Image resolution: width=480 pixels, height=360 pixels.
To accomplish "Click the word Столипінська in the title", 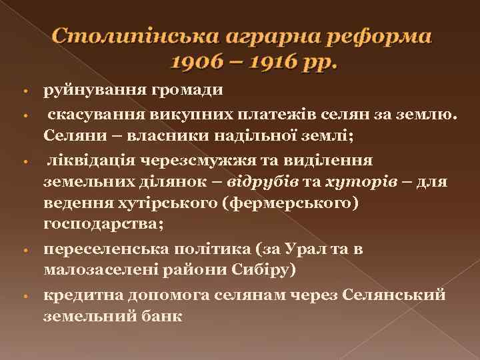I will [x=122, y=36].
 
